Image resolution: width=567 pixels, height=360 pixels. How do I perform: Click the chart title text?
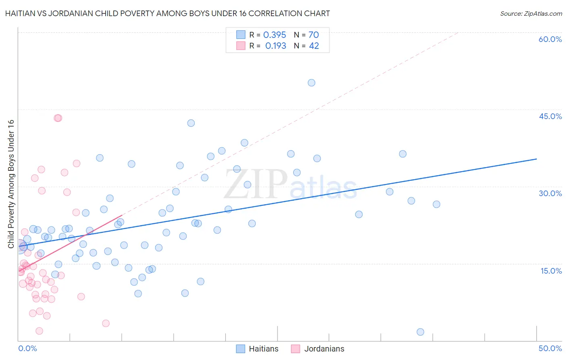click(x=167, y=13)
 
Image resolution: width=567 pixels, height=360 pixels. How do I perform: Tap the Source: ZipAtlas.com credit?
click(x=531, y=13)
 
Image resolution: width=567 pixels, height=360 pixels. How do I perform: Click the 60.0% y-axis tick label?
click(x=550, y=39)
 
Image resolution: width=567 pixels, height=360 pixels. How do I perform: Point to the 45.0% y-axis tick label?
click(x=550, y=116)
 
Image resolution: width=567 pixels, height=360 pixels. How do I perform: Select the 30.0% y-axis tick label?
click(x=550, y=193)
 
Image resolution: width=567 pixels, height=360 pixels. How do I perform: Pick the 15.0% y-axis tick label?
click(x=551, y=271)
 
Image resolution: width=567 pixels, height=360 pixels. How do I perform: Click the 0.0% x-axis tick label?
click(x=27, y=348)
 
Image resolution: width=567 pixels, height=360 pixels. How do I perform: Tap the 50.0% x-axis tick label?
click(x=550, y=348)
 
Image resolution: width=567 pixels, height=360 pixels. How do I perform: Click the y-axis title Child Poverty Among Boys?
click(x=11, y=184)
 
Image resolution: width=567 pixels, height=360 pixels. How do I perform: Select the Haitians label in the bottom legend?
click(x=263, y=349)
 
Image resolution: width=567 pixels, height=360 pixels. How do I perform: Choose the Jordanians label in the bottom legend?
click(x=324, y=349)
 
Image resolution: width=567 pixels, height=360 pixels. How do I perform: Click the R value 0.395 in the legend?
click(x=275, y=35)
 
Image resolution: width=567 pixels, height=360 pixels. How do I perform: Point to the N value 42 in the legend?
click(x=314, y=46)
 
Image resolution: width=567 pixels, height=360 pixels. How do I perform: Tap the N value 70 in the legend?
click(x=314, y=35)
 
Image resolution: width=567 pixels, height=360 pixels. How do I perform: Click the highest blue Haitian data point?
click(x=311, y=83)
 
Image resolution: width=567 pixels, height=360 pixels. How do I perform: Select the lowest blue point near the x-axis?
click(x=420, y=332)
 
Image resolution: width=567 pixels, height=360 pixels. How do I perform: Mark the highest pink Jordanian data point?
click(x=58, y=118)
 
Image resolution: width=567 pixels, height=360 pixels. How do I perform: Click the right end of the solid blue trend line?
click(x=536, y=159)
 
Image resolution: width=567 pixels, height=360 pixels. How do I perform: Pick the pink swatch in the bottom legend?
click(x=296, y=349)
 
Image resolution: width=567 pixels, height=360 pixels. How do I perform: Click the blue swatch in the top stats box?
click(x=241, y=35)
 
